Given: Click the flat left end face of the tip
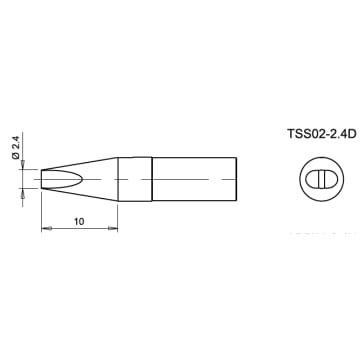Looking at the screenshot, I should click(x=42, y=179).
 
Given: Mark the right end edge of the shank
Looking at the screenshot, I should click(x=237, y=179).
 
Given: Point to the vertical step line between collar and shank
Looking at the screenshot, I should click(x=150, y=179).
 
